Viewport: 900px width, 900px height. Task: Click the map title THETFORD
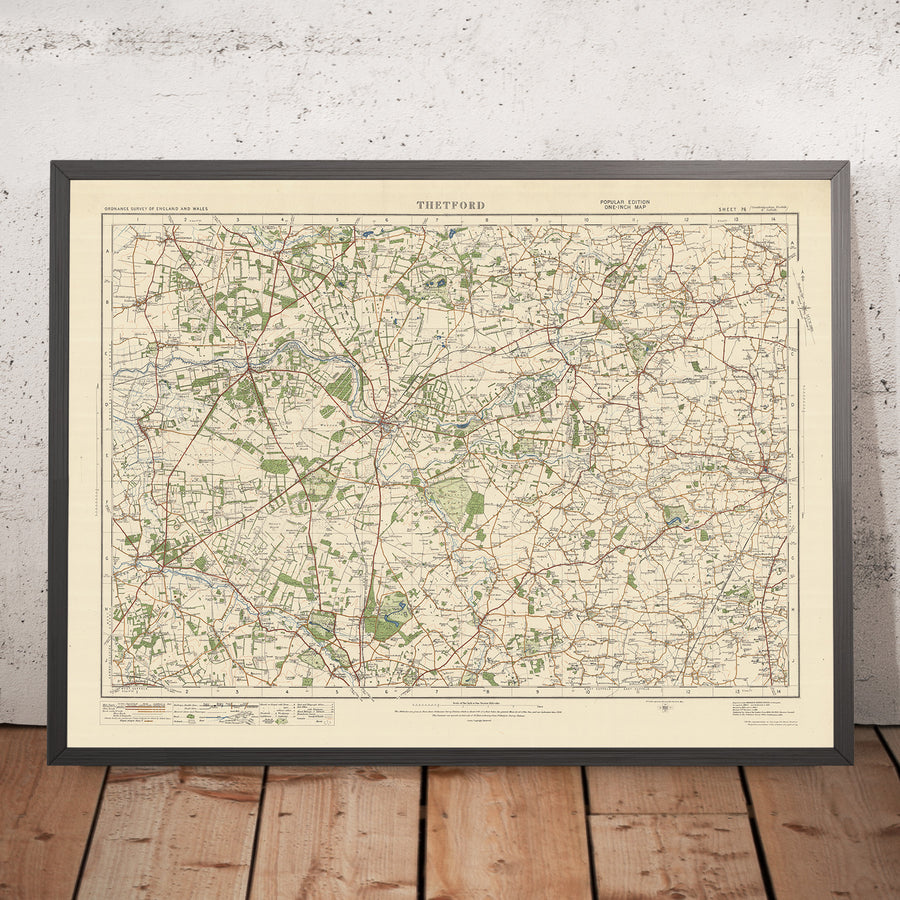click(450, 205)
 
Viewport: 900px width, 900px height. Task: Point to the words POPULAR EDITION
click(624, 201)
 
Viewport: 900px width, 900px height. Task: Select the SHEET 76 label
click(733, 209)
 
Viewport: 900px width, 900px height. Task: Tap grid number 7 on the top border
click(436, 218)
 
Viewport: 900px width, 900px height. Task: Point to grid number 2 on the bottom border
click(186, 690)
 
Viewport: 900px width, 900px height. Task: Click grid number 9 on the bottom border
click(537, 690)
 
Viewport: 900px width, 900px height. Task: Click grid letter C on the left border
click(106, 351)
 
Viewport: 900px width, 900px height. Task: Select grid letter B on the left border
click(106, 299)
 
